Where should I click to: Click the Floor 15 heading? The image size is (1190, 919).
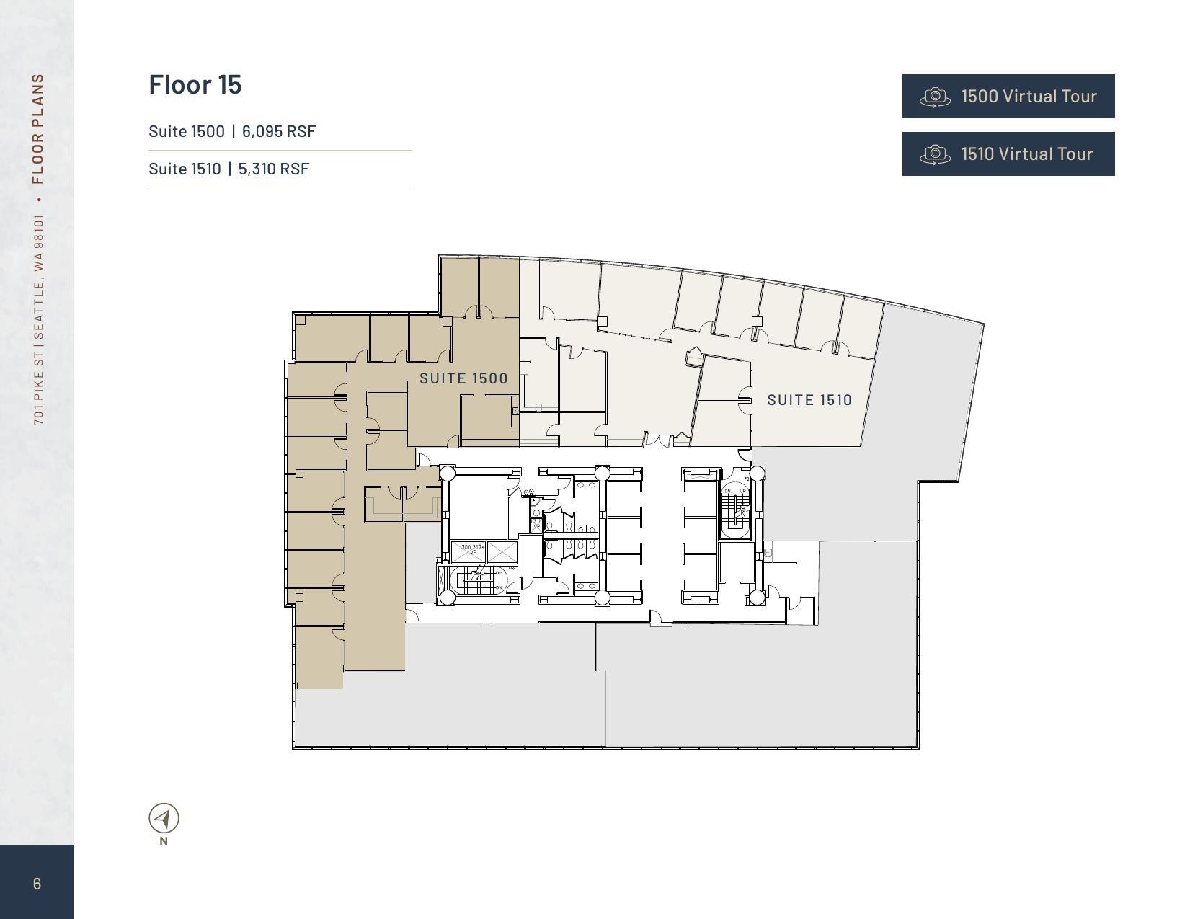point(195,84)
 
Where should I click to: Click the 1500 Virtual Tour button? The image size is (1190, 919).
point(1008,96)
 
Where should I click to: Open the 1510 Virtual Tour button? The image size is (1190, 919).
point(1008,154)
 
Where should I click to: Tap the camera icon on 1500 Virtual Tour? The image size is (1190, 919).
point(935,97)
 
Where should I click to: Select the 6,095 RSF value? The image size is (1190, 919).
point(279,131)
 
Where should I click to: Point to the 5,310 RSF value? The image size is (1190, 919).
point(274,169)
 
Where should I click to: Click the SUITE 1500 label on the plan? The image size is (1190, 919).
point(463,378)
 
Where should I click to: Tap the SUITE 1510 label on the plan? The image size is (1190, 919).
point(809,400)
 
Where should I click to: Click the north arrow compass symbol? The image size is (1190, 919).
point(164,818)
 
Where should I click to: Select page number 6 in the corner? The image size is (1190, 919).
point(37,884)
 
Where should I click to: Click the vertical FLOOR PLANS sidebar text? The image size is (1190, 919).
point(38,128)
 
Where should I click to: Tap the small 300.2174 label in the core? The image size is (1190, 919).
point(473,548)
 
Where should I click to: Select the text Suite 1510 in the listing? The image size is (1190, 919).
point(185,169)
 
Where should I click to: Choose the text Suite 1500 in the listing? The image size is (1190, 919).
point(186,131)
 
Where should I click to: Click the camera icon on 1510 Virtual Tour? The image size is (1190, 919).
point(935,154)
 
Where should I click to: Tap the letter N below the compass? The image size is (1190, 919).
point(164,840)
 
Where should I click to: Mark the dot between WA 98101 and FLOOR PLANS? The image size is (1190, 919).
point(38,198)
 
